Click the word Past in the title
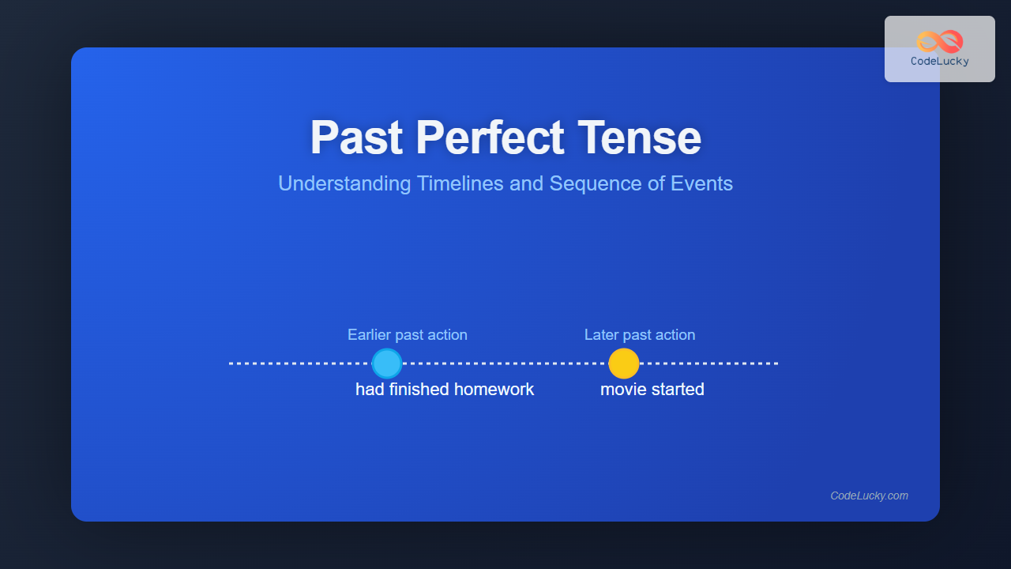(x=356, y=138)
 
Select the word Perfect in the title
(x=490, y=138)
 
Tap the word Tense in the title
(x=639, y=138)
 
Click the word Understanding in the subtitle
(x=344, y=184)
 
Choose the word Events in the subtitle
(x=701, y=183)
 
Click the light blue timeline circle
(x=387, y=364)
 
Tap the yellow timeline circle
(x=624, y=364)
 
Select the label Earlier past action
(x=407, y=334)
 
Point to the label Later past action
(x=640, y=334)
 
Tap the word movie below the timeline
(x=621, y=390)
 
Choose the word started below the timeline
(x=675, y=390)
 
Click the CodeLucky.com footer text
(x=870, y=496)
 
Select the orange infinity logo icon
(x=940, y=42)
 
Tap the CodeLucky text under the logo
(x=940, y=62)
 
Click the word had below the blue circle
(x=370, y=390)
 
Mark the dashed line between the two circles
(x=505, y=364)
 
